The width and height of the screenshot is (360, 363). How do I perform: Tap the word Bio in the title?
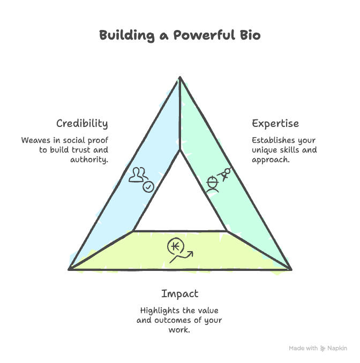250,36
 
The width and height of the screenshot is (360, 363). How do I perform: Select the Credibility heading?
82,124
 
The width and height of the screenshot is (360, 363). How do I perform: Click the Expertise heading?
275,124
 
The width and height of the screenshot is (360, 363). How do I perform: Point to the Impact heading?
179,294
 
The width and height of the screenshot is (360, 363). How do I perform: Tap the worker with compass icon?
219,180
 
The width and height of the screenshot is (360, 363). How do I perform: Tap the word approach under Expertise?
271,160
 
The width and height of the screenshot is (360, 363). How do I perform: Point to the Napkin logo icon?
323,349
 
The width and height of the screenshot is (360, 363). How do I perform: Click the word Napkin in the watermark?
337,349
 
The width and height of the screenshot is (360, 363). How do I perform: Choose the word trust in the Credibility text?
82,150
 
